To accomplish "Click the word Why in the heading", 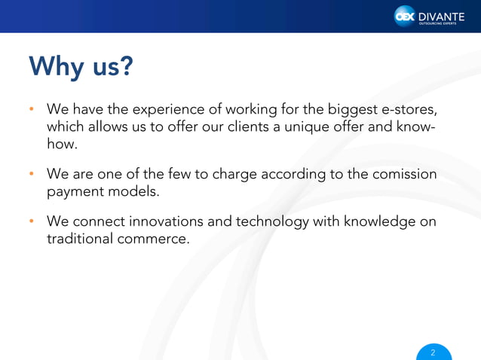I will click(58, 68).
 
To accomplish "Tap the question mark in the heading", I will click(125, 67).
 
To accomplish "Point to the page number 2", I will click(433, 352).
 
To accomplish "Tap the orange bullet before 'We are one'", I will click(32, 175).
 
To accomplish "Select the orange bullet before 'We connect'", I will click(32, 222).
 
